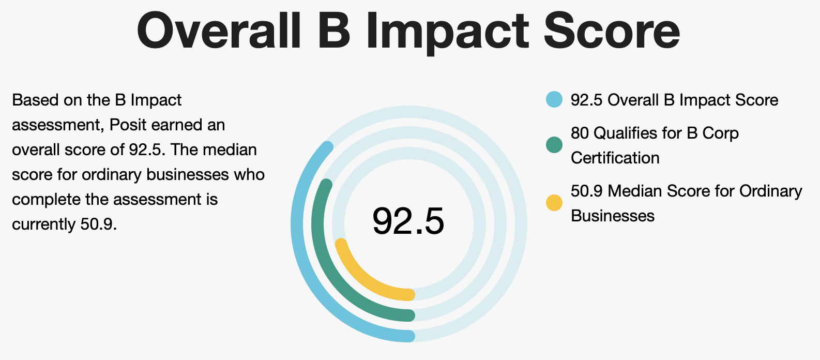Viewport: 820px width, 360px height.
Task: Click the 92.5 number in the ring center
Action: (x=408, y=221)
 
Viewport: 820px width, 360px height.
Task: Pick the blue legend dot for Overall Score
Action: (x=554, y=99)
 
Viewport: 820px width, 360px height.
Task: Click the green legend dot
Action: (x=554, y=145)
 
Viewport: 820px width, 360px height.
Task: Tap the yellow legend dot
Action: (x=554, y=203)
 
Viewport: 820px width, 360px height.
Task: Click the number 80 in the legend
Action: (x=580, y=133)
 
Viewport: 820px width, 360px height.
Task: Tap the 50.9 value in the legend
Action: (x=587, y=191)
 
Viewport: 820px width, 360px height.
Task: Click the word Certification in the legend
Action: (x=615, y=158)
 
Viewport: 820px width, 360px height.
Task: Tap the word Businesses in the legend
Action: (x=612, y=216)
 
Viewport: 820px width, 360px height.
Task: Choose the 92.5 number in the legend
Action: (x=587, y=100)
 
